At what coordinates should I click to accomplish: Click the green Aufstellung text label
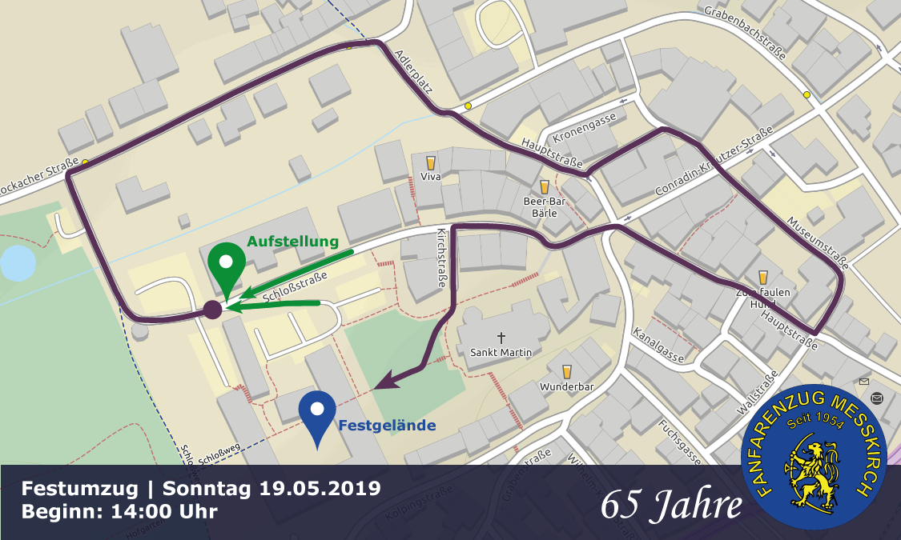pos(292,242)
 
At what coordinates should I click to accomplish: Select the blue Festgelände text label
pos(387,426)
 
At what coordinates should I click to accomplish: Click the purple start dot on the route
pos(212,310)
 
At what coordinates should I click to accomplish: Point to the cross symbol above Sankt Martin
pos(501,338)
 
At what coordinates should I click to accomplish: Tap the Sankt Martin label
pos(501,352)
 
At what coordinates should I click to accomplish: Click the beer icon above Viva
pos(430,162)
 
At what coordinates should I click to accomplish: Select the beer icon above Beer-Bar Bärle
pos(545,187)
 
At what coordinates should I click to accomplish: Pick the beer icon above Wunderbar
pos(567,371)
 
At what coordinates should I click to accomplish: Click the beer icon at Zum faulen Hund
pos(762,278)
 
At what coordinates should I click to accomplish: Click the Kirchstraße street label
pos(440,259)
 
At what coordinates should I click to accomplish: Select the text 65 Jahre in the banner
pos(670,503)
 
